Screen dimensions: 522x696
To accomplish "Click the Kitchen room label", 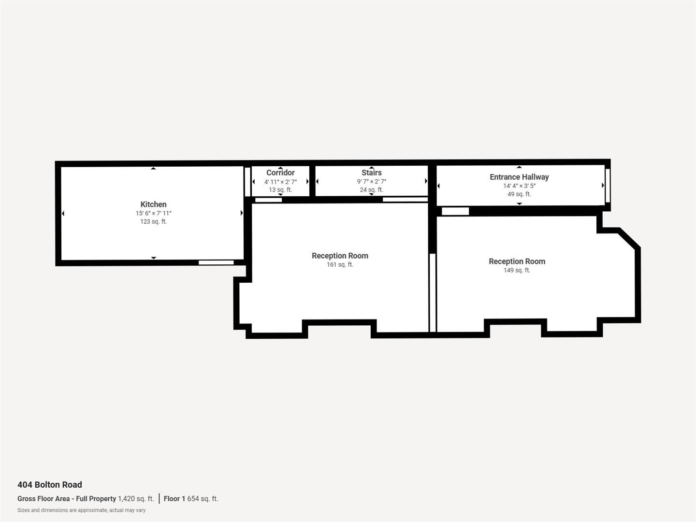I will [x=153, y=204].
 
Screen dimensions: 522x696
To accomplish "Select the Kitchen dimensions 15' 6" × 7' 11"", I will [x=153, y=213].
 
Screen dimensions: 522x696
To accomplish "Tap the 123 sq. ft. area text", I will [x=153, y=221].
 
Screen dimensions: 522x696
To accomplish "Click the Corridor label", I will [x=280, y=173].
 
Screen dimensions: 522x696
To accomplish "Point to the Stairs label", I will [x=371, y=173].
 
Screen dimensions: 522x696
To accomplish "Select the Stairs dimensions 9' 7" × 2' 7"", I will [x=371, y=181].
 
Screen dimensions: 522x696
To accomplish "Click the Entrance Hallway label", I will [x=519, y=177].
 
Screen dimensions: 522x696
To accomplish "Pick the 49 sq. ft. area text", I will [x=519, y=194].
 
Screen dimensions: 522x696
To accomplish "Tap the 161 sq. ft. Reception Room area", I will [x=340, y=264].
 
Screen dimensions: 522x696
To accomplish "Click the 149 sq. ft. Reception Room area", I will [x=517, y=270].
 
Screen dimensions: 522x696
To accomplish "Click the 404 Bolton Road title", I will [x=50, y=485].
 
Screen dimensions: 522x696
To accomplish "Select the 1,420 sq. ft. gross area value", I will [x=136, y=499].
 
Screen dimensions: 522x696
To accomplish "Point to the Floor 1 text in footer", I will [x=174, y=499].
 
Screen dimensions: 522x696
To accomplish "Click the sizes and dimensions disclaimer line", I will [x=81, y=510].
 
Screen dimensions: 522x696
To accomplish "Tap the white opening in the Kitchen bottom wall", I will [x=216, y=262].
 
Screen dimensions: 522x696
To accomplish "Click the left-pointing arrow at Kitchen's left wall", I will [x=63, y=213].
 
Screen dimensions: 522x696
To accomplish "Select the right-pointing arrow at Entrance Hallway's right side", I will [x=603, y=185].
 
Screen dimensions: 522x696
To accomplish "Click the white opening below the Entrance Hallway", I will [x=455, y=211].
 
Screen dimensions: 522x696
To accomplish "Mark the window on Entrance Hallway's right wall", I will [x=608, y=185].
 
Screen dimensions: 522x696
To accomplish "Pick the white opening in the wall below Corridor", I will [x=268, y=200].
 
